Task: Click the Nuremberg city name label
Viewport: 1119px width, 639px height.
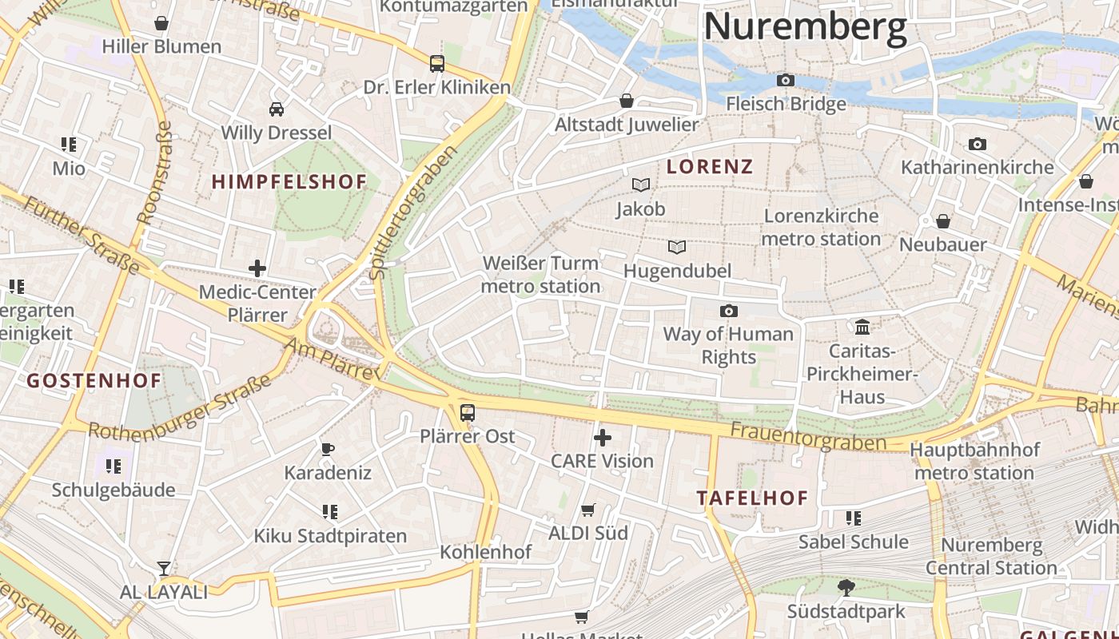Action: pos(805,26)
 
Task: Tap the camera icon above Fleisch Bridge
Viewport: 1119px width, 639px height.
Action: pos(786,80)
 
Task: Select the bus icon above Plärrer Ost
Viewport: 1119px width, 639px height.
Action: pos(468,413)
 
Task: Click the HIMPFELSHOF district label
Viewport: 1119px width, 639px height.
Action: pos(289,182)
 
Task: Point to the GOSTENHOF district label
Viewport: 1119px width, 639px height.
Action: pos(94,380)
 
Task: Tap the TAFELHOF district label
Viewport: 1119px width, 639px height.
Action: pos(752,498)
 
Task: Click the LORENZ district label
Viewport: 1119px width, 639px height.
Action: pos(710,166)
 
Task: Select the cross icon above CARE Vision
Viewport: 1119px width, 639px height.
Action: pos(603,437)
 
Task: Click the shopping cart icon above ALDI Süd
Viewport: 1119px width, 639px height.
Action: pos(588,510)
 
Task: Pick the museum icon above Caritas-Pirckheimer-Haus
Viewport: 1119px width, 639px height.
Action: pos(862,327)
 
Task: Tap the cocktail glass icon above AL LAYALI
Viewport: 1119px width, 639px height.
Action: pos(163,568)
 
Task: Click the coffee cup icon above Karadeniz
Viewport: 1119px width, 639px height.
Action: pos(327,449)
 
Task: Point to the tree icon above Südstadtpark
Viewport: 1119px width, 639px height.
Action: pos(846,588)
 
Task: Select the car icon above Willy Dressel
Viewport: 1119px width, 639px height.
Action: pos(276,109)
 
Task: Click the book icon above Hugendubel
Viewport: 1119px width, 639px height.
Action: pos(677,247)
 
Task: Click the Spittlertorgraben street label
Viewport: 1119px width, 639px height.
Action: pos(413,212)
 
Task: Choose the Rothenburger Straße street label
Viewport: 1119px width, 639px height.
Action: pos(181,409)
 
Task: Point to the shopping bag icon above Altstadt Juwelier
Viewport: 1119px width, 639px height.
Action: pos(627,101)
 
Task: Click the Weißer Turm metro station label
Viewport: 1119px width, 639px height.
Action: pos(541,274)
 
